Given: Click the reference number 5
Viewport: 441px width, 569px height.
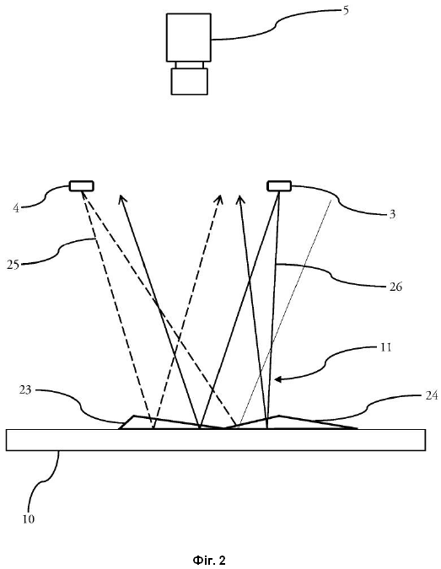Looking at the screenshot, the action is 346,10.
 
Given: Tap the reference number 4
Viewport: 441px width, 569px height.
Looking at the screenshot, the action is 16,208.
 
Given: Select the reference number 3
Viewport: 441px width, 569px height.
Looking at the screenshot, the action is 392,214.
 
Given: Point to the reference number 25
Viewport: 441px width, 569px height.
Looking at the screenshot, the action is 13,265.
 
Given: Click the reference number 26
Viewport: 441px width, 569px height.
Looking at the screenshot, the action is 395,287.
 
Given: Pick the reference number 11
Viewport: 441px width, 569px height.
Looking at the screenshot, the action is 385,347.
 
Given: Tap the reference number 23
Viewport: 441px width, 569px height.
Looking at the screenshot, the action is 25,390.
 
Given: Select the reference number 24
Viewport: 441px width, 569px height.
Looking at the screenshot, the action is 431,395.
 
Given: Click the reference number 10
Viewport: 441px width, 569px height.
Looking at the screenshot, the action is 29,519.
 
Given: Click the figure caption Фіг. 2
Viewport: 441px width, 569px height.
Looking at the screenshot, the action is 209,561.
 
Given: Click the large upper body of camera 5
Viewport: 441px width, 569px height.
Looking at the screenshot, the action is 189,37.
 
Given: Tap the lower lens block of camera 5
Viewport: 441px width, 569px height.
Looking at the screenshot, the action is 190,81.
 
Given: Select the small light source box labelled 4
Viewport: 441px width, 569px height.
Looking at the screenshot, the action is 82,186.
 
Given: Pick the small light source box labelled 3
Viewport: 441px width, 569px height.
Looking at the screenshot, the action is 279,185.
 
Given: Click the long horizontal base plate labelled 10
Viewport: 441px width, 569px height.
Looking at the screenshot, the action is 216,440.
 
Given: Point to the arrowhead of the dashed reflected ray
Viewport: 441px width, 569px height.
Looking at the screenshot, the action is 219,199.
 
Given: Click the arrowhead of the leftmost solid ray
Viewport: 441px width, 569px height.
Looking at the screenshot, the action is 122,199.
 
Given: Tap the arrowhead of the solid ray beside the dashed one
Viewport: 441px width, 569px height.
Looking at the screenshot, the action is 239,200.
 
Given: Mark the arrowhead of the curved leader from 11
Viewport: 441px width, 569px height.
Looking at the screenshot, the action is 278,379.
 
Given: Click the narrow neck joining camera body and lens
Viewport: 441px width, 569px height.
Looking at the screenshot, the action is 190,65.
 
